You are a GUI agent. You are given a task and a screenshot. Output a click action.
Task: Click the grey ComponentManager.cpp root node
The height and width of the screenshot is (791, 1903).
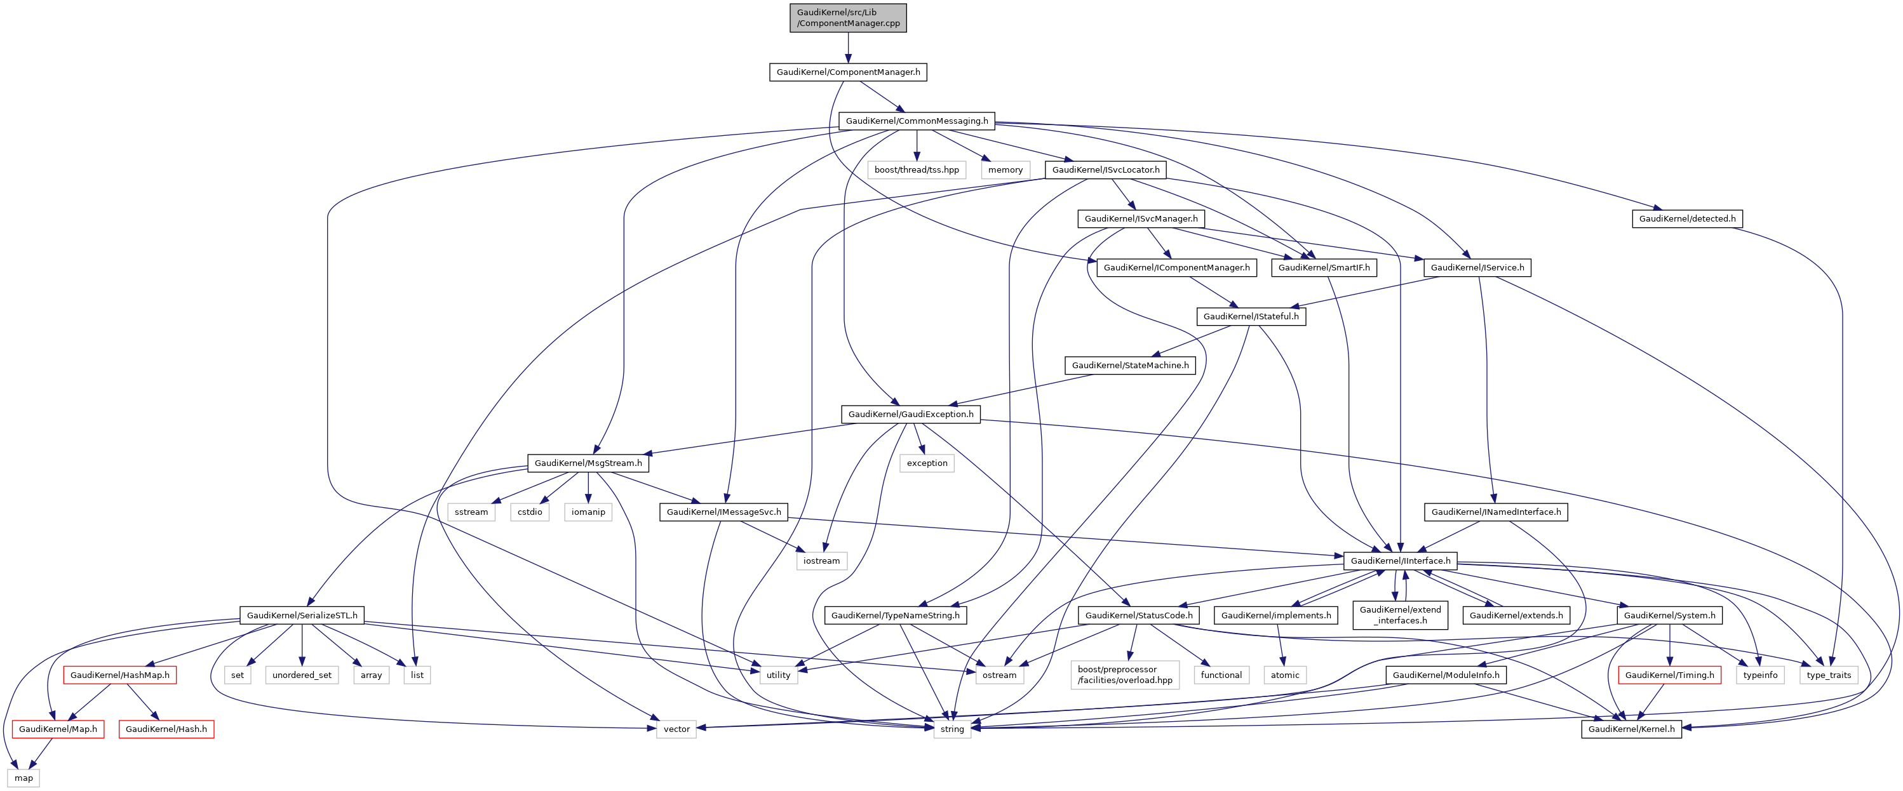[848, 18]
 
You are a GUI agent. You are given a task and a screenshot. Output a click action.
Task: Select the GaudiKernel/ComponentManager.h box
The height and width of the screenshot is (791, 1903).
[848, 72]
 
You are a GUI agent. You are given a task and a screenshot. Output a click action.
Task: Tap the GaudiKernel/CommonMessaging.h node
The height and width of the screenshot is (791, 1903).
[916, 121]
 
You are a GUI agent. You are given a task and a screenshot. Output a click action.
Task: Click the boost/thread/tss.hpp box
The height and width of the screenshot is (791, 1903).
[916, 170]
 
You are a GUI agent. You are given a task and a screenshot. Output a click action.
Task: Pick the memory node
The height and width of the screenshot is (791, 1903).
[1005, 170]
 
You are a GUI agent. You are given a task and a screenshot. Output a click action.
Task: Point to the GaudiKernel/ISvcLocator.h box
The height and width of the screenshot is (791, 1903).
[1105, 170]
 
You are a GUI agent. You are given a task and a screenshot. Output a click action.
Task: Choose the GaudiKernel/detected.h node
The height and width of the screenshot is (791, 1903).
[1686, 218]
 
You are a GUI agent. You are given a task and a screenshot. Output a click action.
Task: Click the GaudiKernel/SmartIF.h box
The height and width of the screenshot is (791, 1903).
[1323, 267]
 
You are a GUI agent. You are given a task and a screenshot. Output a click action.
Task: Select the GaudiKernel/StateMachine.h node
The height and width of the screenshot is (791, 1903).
[1129, 366]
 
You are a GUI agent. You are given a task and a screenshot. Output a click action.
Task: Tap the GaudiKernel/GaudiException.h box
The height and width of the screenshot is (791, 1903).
[910, 415]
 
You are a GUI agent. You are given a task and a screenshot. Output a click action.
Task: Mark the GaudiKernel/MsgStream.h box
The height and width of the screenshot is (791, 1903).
[588, 463]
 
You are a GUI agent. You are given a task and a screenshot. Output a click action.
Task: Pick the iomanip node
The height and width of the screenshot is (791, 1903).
[588, 512]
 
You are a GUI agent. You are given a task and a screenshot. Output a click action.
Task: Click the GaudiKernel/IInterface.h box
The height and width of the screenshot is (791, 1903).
[1400, 561]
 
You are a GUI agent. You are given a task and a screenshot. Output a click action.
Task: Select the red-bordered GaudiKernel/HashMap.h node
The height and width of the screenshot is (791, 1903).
[119, 675]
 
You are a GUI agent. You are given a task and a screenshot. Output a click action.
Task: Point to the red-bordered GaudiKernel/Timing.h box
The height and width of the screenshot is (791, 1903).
[1669, 675]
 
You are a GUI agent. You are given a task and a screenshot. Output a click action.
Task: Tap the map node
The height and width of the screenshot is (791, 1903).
[24, 778]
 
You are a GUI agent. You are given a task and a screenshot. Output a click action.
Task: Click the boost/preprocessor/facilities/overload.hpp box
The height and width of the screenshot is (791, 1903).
[1124, 675]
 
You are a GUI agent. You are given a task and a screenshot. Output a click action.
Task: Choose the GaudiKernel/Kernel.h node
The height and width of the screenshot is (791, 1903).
[1631, 729]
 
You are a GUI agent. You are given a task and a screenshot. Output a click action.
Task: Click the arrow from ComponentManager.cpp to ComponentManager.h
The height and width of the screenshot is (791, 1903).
[848, 48]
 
